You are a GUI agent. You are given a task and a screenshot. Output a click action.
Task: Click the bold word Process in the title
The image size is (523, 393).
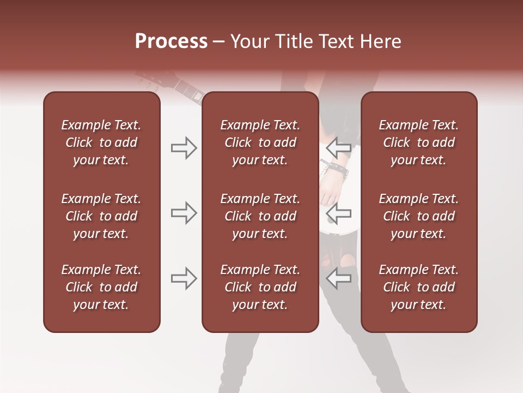tap(171, 41)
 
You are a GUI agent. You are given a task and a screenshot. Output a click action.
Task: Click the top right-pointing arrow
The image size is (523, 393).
tap(184, 148)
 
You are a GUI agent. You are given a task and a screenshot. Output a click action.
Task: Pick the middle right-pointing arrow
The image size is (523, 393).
tap(184, 213)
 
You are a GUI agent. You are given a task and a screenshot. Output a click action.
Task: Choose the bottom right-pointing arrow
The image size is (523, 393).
tap(184, 278)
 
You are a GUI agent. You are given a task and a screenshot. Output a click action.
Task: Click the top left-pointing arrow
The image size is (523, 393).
tap(339, 148)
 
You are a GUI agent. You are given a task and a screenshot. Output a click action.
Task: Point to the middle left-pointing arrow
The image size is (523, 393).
tap(339, 213)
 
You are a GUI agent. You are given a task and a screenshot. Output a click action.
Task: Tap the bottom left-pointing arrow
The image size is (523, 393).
tap(339, 278)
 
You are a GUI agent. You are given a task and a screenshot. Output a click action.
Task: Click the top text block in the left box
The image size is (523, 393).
tap(101, 142)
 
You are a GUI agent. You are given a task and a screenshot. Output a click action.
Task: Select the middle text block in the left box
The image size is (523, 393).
tap(101, 216)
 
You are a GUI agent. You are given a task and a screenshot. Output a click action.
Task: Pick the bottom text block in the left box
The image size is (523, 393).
tap(101, 287)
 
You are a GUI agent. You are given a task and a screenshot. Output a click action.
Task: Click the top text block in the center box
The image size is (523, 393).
tap(260, 142)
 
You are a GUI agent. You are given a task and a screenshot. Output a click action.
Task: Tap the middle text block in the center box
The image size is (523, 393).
tap(260, 216)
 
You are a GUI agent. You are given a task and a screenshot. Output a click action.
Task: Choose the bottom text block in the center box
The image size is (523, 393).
tap(260, 287)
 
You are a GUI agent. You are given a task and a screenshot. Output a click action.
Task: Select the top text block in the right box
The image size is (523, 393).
tap(418, 142)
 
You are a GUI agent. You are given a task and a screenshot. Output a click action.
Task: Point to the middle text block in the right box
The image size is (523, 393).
tap(418, 216)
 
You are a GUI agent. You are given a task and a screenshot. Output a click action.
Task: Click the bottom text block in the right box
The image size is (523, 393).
tap(418, 287)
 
